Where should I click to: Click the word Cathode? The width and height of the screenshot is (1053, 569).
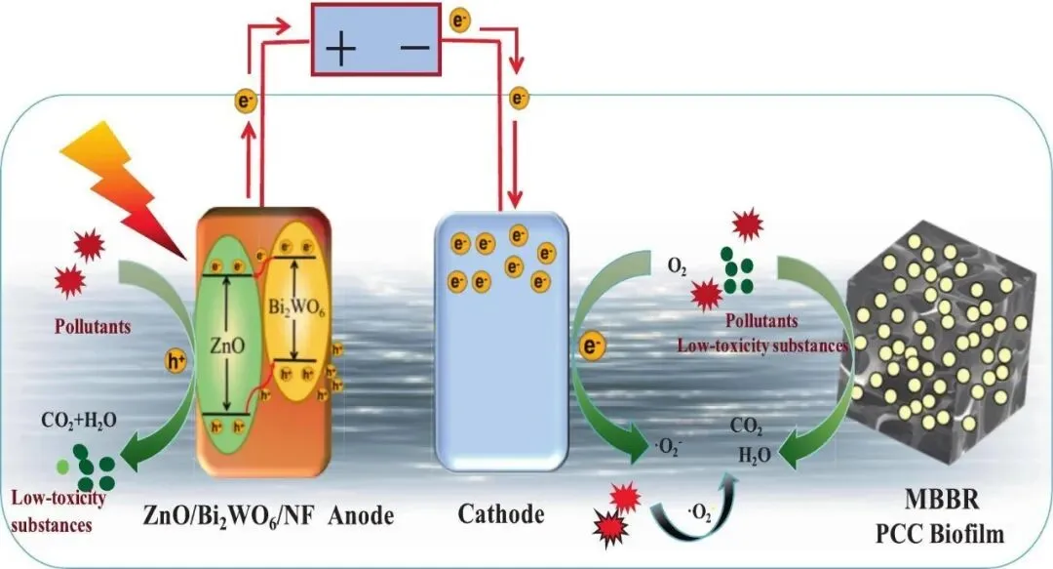coord(499,514)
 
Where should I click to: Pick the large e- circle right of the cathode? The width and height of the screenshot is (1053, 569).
coord(591,346)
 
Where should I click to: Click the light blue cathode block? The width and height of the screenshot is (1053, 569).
coord(501,342)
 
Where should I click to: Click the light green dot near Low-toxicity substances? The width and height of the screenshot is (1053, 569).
coord(63,465)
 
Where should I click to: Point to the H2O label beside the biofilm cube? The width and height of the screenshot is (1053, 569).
coord(749,452)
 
